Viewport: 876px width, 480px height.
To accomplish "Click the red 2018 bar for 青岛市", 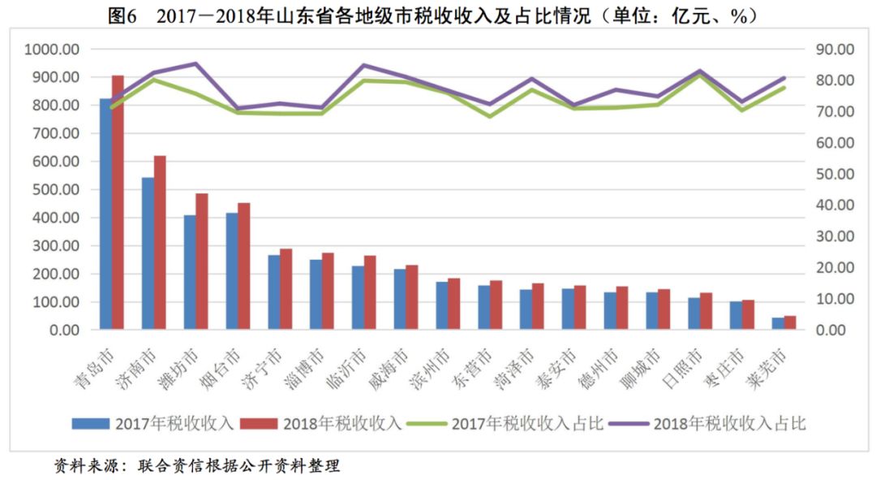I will pyautogui.click(x=118, y=203).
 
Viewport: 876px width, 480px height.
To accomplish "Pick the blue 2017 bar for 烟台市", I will pyautogui.click(x=231, y=271).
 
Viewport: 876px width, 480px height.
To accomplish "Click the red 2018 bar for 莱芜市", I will pyautogui.click(x=790, y=322).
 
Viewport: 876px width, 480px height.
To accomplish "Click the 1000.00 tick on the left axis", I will pyautogui.click(x=52, y=49).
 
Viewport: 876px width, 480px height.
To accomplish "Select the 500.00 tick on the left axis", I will pyautogui.click(x=55, y=189).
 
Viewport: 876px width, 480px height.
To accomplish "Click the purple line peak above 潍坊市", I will pyautogui.click(x=195, y=63).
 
